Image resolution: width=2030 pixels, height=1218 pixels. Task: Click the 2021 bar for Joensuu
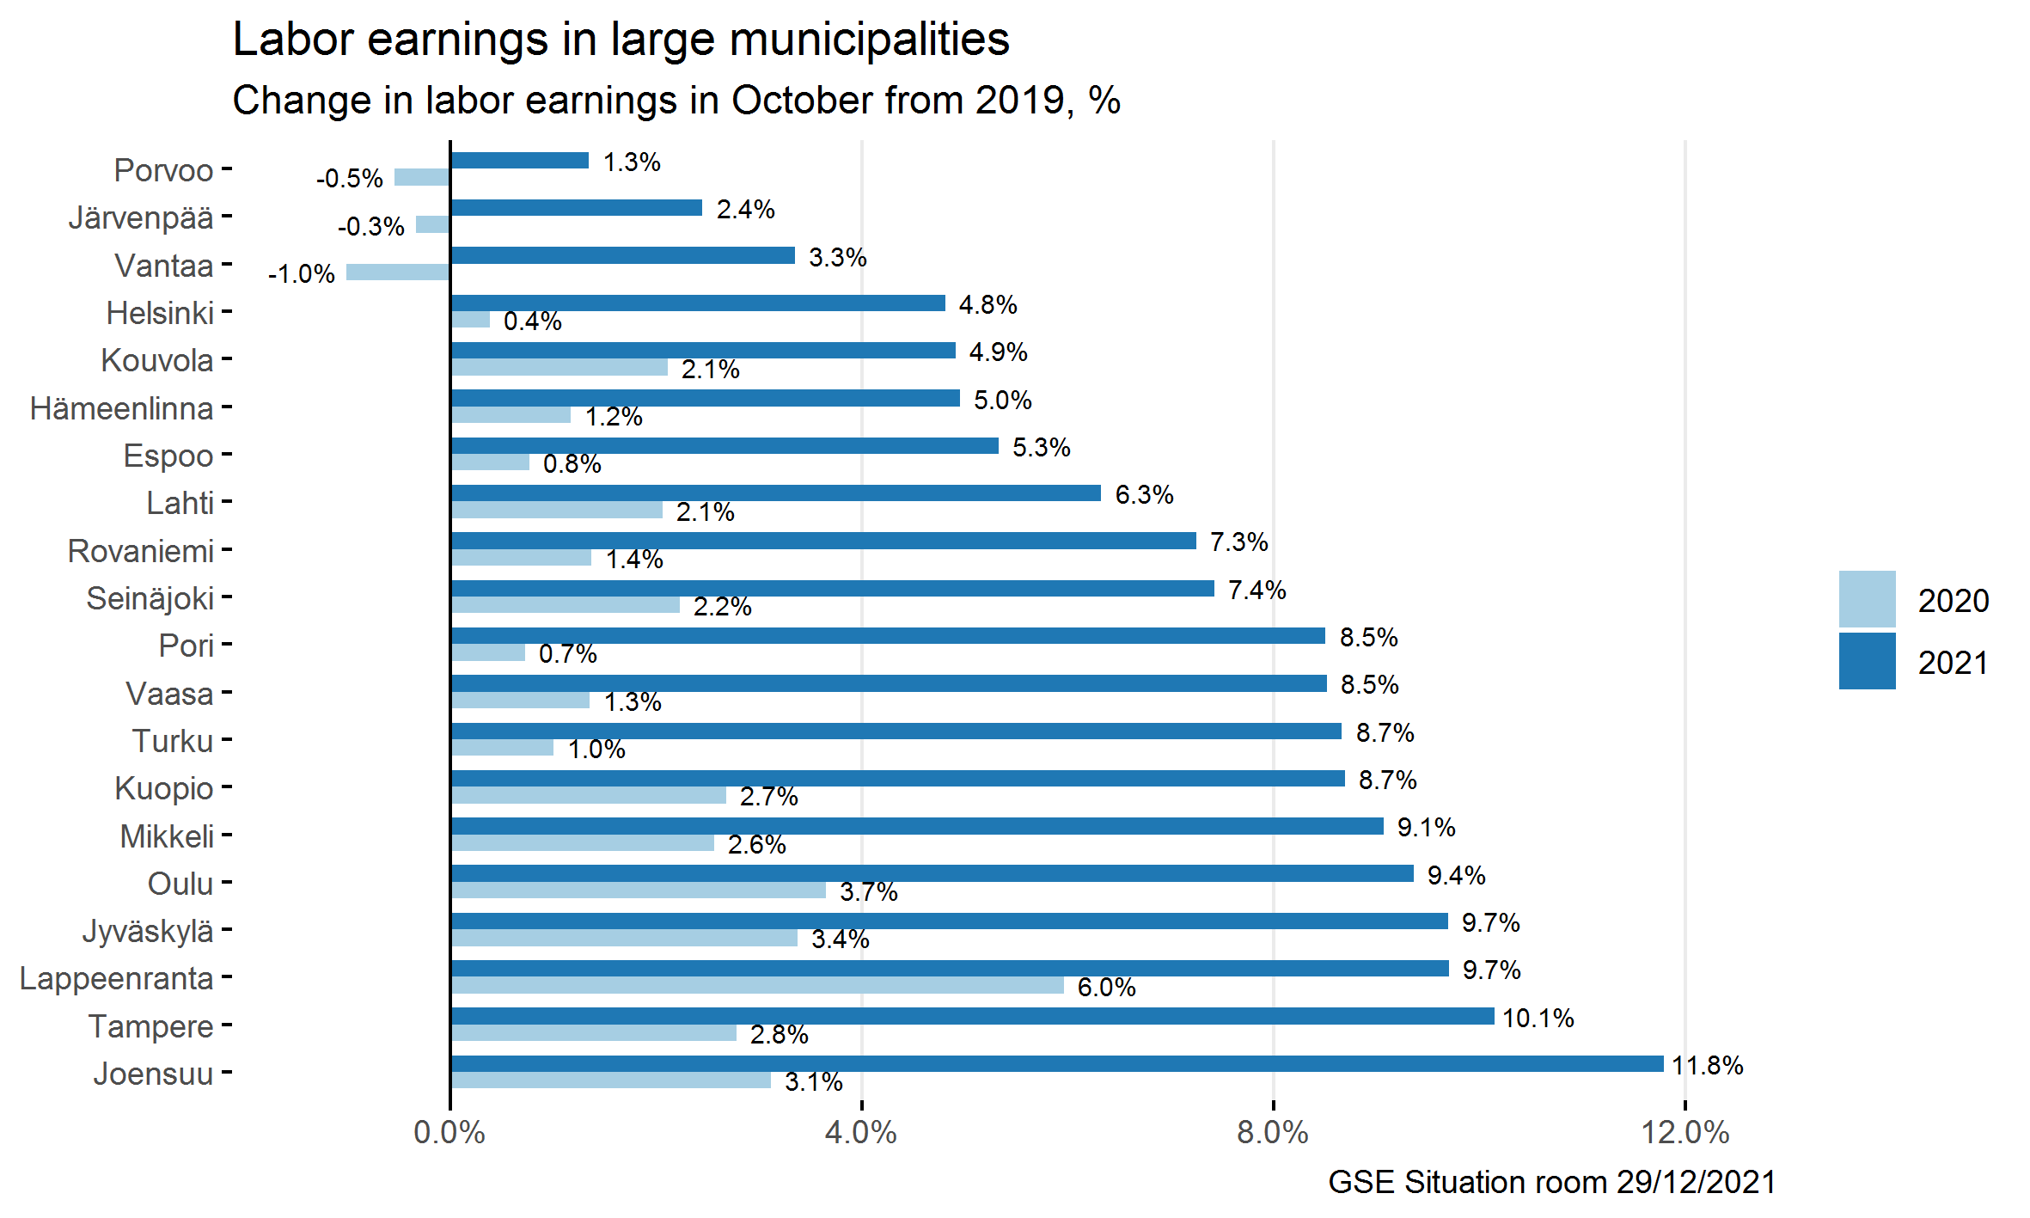coord(1056,1063)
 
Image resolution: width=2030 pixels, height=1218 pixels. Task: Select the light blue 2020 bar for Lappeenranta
coord(756,985)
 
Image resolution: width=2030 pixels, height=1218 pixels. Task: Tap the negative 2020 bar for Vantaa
coord(397,272)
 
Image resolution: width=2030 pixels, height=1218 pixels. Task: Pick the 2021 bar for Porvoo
coord(519,161)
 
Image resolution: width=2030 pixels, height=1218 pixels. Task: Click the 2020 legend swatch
coord(1867,599)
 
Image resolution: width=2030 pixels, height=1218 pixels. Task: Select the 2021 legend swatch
coord(1867,661)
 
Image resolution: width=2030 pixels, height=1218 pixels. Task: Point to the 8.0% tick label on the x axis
coord(1272,1133)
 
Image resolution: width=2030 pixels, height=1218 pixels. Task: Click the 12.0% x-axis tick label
coord(1685,1133)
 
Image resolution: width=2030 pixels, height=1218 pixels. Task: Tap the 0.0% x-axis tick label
coord(449,1133)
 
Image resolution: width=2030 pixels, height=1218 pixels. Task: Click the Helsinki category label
coord(160,313)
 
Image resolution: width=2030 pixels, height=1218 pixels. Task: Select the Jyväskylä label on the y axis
coord(148,931)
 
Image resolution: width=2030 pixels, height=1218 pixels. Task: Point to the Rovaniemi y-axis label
coord(141,551)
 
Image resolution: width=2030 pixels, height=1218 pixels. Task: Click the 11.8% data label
coord(1708,1066)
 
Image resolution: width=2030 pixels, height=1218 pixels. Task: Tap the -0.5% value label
coord(349,179)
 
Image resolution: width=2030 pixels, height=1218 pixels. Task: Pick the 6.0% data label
coord(1106,988)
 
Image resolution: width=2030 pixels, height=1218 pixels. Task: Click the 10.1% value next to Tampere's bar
coord(1538,1019)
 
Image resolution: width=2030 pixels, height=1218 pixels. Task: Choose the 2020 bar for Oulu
coord(638,891)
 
